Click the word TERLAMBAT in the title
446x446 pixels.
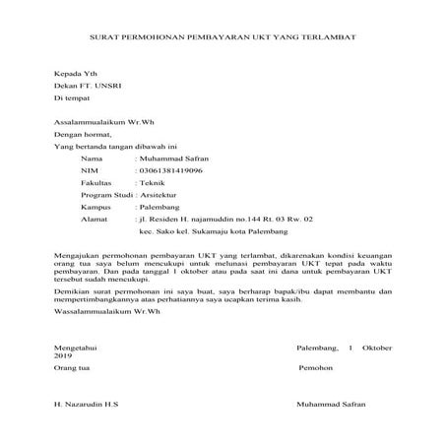point(330,36)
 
